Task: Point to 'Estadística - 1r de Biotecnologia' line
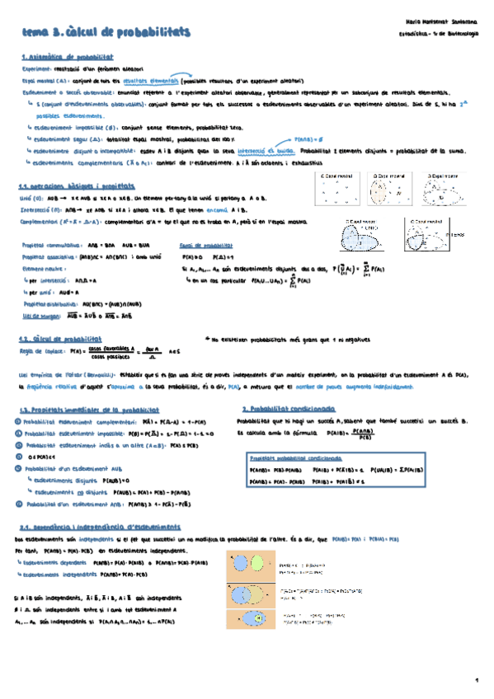437,34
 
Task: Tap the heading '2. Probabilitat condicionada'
288,409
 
